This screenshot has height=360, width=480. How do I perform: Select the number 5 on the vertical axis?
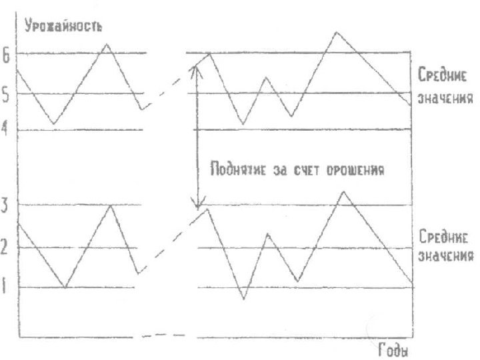point(5,95)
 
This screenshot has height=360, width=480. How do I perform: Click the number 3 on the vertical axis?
point(5,205)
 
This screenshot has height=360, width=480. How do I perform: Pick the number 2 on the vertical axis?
point(5,248)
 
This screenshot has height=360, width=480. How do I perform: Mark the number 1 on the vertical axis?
point(5,287)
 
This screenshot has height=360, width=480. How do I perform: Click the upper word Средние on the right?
point(444,73)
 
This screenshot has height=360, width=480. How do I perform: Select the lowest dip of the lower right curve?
point(244,298)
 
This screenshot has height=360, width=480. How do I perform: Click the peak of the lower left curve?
point(111,205)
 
